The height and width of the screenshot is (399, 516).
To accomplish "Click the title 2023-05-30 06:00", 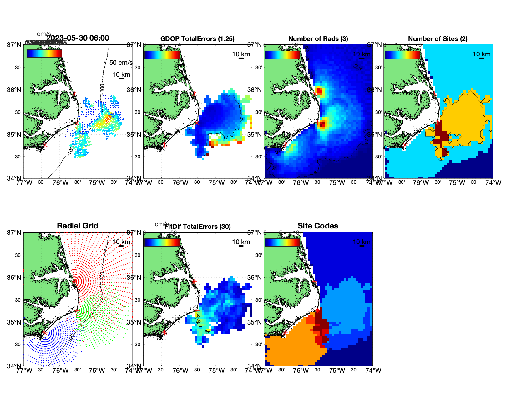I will click(78, 38).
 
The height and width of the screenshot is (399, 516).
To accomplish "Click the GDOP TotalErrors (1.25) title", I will click(197, 39).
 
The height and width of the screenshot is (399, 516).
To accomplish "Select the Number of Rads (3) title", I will click(318, 39).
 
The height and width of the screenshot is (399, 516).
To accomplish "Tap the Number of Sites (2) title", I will click(438, 39).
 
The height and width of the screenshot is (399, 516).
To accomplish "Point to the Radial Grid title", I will click(78, 226).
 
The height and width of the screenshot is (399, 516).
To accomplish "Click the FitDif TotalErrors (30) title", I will click(198, 227).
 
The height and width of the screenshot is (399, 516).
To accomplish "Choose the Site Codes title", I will click(318, 226).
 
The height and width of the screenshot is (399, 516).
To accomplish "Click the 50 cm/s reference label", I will click(121, 63).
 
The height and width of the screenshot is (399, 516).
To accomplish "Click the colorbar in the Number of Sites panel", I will click(402, 54).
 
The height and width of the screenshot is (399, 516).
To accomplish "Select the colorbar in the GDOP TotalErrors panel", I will click(162, 54).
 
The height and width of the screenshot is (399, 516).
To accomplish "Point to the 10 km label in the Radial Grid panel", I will click(121, 242).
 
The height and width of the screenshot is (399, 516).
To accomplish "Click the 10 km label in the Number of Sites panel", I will click(481, 54).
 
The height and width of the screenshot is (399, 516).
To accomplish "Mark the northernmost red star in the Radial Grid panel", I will click(74, 282).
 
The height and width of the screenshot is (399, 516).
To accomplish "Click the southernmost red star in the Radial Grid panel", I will click(45, 333).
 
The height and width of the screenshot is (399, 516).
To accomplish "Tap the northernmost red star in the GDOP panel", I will click(194, 94).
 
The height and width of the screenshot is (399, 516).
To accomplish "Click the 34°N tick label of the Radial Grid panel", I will click(15, 366).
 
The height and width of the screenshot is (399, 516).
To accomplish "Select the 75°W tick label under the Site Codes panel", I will click(337, 371).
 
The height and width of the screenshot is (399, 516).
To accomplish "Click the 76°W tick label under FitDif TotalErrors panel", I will click(180, 371).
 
